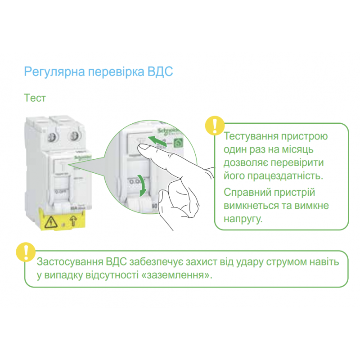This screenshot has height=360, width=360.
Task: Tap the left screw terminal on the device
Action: coord(52,136)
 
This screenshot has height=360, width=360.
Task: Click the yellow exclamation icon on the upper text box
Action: coord(215,126)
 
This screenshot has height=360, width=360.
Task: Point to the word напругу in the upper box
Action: coord(243,219)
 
